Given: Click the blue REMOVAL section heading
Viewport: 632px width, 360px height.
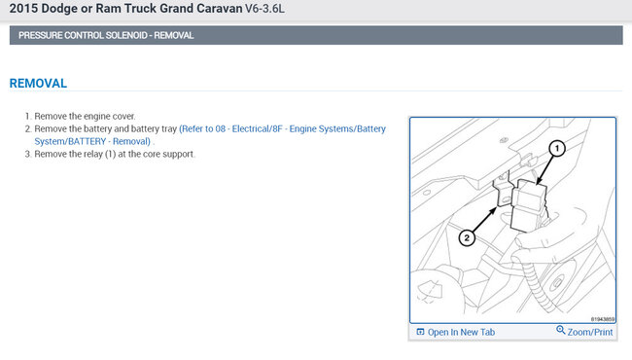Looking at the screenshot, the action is pos(38,84).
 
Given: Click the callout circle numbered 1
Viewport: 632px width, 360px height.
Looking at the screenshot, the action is pos(557,148).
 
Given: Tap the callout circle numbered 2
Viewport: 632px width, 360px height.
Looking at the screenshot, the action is pos(467,237).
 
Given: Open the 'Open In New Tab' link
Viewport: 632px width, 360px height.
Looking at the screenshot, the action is pos(461,332).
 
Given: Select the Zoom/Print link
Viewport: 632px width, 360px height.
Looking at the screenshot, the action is pos(590,332).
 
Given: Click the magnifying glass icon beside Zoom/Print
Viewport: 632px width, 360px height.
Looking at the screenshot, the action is pos(561,330).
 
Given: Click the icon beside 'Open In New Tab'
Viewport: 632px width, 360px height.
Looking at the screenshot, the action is pos(420,332).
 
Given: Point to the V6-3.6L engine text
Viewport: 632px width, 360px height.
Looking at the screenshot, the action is pos(264,9).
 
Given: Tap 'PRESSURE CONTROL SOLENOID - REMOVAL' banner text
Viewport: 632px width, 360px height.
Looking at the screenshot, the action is pos(106,35).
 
